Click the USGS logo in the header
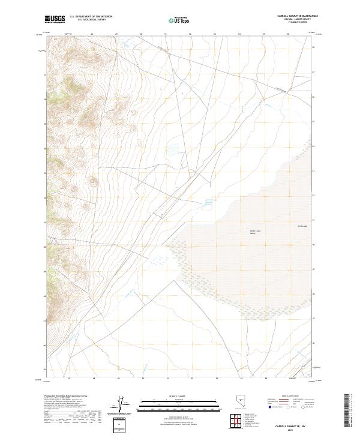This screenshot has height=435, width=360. tap(55, 20)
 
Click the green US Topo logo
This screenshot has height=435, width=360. tap(180, 20)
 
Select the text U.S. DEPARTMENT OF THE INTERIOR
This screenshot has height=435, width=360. tap(91, 17)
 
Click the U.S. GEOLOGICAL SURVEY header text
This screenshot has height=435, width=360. tap(87, 20)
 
